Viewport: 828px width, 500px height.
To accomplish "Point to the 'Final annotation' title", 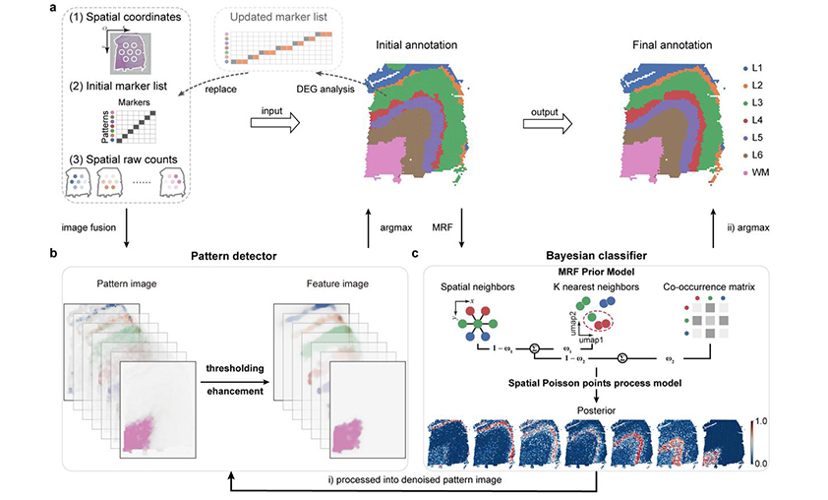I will (673, 44).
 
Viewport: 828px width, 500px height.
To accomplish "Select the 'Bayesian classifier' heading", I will (599, 256).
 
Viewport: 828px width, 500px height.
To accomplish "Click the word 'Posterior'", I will (597, 404).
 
